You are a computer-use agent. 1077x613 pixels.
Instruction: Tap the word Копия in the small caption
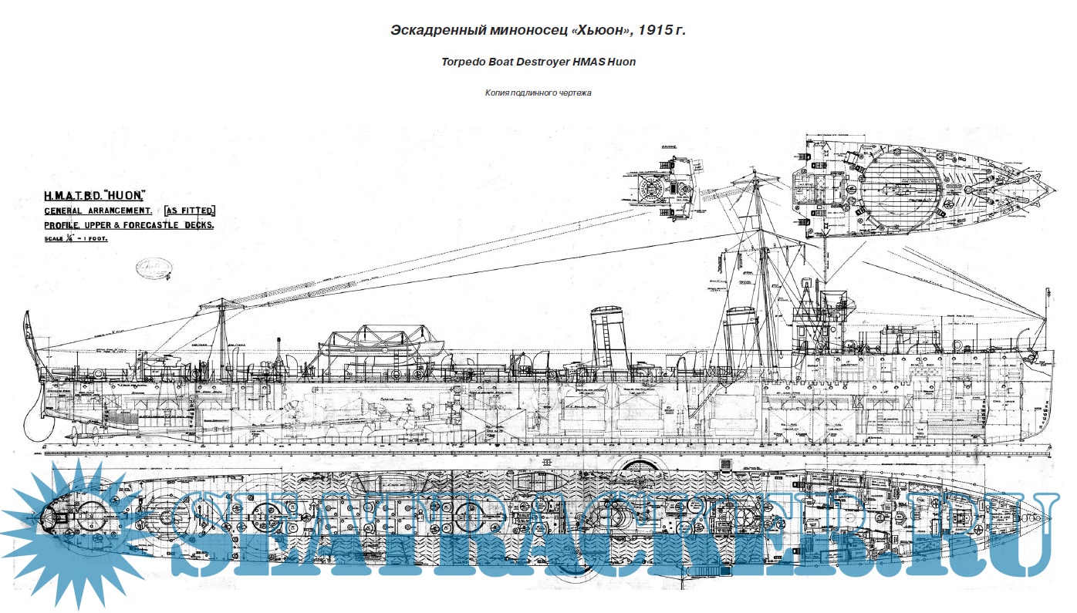tap(499, 93)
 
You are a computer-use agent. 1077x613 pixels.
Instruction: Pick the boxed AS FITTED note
tap(189, 211)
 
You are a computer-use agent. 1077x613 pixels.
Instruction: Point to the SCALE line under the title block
tap(76, 239)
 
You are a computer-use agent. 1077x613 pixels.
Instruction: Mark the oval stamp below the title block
tap(152, 268)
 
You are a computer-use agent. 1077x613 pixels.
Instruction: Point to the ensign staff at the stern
tap(29, 339)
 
